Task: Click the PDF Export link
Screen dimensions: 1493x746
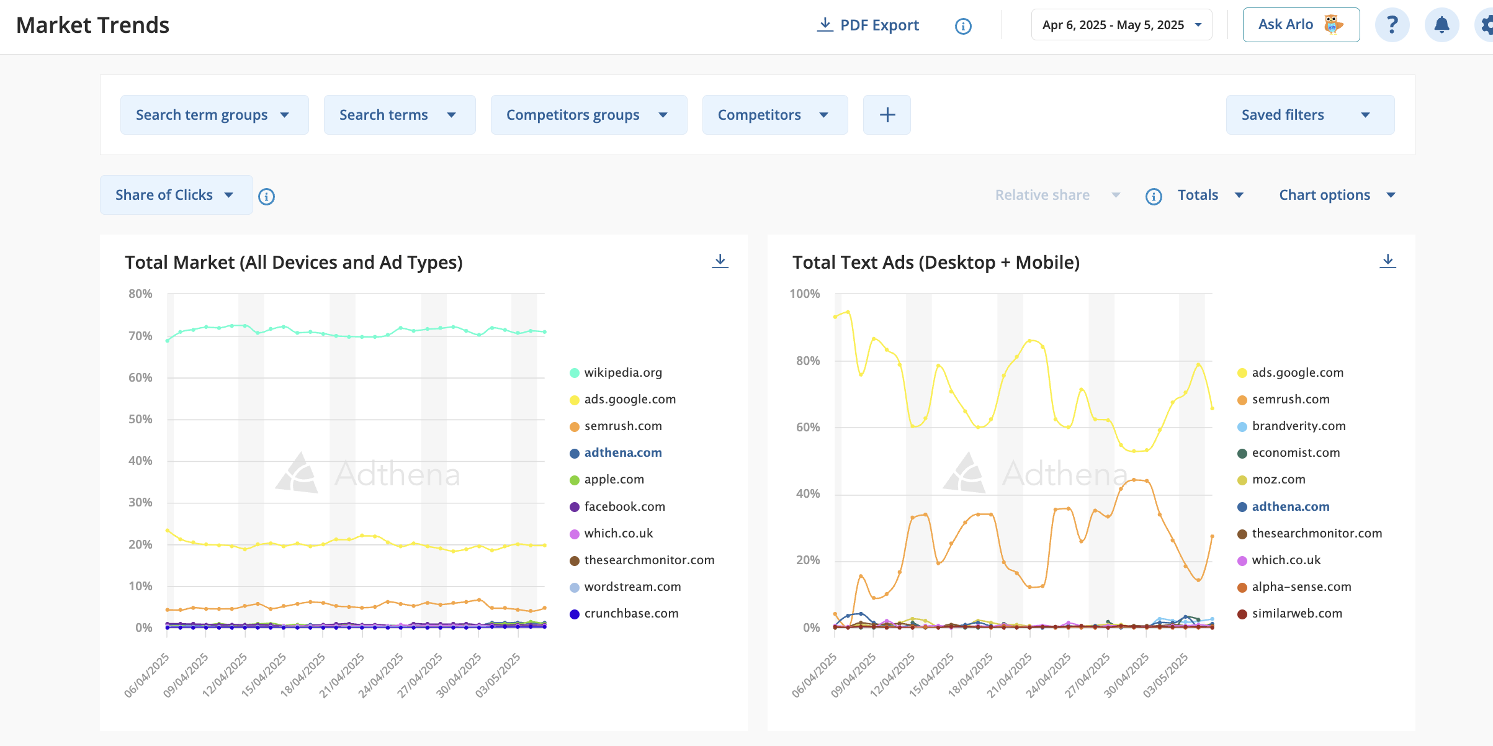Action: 868,25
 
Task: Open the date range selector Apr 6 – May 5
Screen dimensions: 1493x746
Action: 1121,25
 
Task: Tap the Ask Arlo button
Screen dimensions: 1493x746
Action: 1301,25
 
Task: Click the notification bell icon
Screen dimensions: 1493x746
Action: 1441,25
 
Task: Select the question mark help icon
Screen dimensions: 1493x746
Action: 1392,25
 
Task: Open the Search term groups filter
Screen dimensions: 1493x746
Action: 214,115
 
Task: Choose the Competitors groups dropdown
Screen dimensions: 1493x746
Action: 588,115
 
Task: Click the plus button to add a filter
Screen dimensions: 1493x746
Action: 887,115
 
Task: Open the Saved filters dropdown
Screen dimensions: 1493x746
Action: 1310,115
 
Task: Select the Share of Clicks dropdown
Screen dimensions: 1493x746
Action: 176,195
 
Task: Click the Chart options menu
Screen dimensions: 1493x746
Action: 1337,195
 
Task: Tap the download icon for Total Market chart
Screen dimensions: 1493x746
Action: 720,261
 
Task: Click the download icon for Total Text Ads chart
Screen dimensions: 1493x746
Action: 1388,261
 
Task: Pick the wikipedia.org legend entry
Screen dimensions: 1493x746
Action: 616,372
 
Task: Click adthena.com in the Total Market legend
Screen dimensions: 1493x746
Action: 616,452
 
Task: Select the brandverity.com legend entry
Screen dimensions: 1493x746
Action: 1291,426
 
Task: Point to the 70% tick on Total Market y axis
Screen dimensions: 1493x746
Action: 140,336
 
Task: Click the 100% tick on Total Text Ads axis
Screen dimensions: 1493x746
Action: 804,294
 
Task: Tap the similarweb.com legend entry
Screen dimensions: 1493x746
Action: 1289,613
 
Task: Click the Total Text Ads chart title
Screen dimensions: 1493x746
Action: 936,263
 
